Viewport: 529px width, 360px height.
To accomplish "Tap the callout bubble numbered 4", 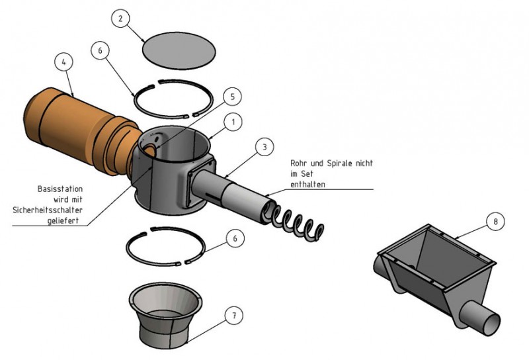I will pos(63,64).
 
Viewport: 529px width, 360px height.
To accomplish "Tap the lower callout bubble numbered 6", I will pos(230,238).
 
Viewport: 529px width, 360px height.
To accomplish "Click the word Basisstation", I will pos(67,188).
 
